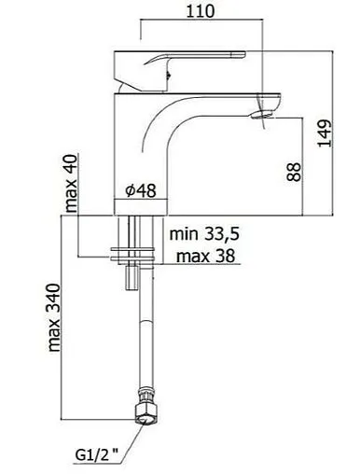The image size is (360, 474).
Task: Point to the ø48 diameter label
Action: coord(139,191)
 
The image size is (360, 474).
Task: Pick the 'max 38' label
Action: coord(205,254)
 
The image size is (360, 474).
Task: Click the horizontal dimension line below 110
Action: coord(192,26)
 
